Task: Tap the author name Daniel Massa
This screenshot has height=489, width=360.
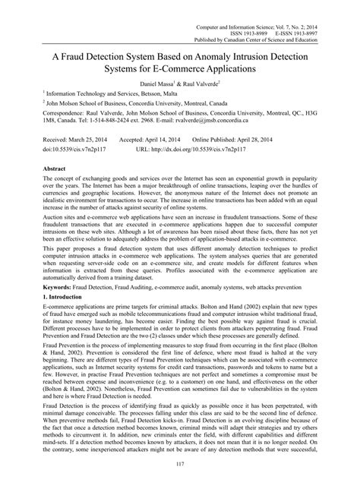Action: [156, 80]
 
